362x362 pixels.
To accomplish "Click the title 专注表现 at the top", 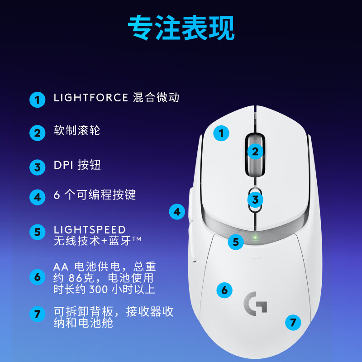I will (x=181, y=29).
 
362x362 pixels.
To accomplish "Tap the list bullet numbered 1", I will (x=38, y=100).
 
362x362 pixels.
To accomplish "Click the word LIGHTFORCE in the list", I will (x=90, y=98).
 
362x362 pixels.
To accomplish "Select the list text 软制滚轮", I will (x=77, y=131).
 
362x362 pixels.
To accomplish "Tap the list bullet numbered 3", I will (x=38, y=167).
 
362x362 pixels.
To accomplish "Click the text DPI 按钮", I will (x=77, y=165).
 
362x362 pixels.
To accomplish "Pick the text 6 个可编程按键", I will (x=95, y=195).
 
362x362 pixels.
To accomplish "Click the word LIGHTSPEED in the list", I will (x=90, y=230).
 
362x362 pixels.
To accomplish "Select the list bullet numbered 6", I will (x=38, y=276).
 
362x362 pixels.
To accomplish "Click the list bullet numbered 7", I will (x=38, y=314).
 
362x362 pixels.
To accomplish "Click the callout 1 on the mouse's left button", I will (x=221, y=133).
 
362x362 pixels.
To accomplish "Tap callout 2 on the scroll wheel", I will (x=255, y=152).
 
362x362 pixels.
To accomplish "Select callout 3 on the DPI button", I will (x=255, y=199).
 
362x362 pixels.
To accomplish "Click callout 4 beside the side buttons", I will (x=177, y=211).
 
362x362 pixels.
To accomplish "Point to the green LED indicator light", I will (x=255, y=237).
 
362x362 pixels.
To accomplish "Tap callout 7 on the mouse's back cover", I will (x=293, y=323).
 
